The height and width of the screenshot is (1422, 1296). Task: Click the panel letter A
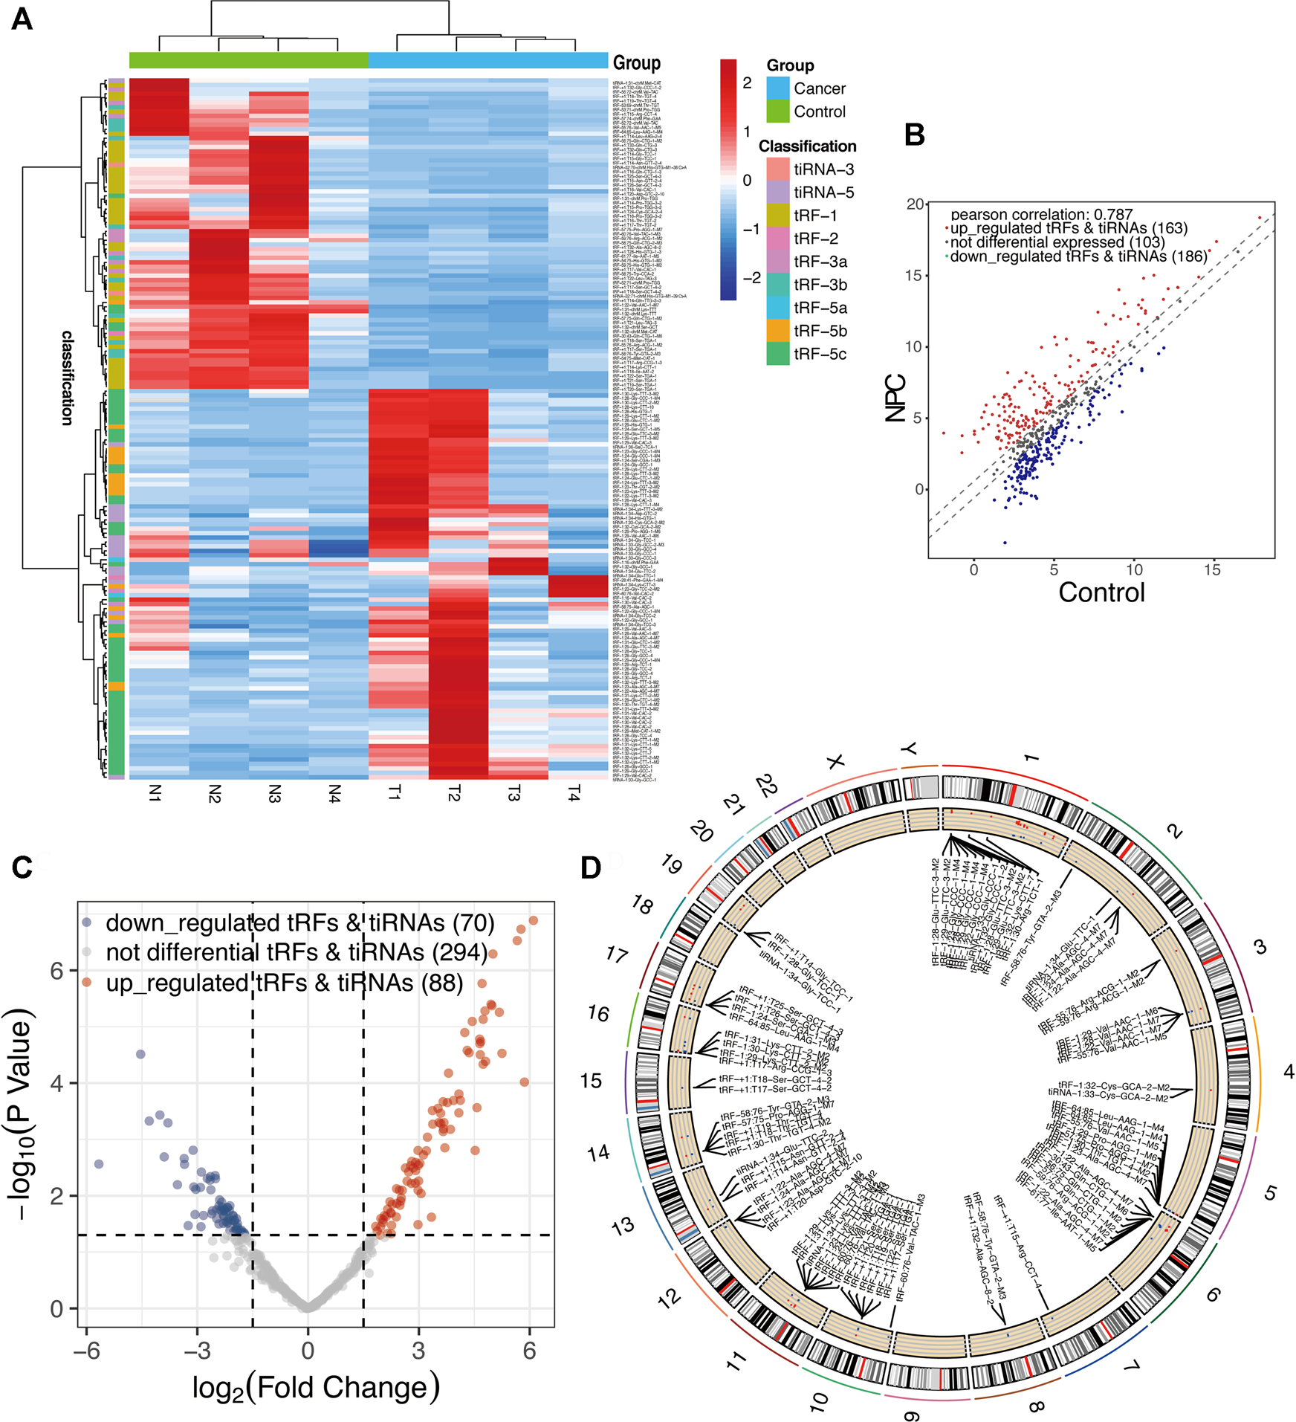click(22, 19)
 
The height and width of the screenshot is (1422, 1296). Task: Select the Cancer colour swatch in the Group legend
click(777, 88)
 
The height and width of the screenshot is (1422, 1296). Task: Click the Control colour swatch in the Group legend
click(777, 112)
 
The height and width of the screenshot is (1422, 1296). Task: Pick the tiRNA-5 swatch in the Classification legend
click(777, 193)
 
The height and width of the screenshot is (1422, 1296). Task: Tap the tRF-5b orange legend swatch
click(777, 331)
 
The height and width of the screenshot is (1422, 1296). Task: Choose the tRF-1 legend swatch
click(777, 216)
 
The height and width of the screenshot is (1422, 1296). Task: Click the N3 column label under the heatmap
click(275, 793)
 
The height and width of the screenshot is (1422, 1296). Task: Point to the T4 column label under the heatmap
click(574, 795)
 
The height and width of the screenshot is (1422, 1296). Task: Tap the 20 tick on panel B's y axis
click(915, 204)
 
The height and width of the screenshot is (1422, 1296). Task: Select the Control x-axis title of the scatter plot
click(1101, 592)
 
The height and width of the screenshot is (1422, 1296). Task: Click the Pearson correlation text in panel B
click(1041, 215)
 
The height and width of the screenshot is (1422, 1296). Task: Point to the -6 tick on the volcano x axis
click(86, 1351)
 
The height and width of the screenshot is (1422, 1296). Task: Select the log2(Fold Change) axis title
click(316, 1387)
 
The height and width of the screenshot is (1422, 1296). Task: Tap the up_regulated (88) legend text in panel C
click(284, 983)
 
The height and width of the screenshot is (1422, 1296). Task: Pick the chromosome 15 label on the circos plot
click(592, 1081)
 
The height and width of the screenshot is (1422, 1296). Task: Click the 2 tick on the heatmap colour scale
click(747, 83)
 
